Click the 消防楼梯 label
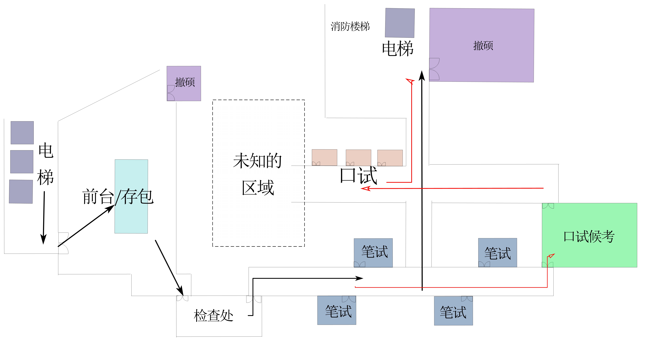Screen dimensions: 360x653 coord(350,26)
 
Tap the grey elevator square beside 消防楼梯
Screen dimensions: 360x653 coord(400,23)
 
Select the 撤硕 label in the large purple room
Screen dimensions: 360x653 coord(483,46)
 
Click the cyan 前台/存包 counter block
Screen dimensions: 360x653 coord(131,196)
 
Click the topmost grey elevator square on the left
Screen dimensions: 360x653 coord(22,133)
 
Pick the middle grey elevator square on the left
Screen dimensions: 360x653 coord(22,162)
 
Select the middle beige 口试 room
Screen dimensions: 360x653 coord(358,158)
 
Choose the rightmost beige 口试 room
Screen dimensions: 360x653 coord(390,158)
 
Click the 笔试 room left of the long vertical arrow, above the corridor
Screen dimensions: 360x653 coord(373,253)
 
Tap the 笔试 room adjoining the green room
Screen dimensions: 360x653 coord(498,253)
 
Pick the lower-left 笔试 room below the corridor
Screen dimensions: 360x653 coord(337,310)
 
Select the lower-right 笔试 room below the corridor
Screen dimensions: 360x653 coord(453,311)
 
